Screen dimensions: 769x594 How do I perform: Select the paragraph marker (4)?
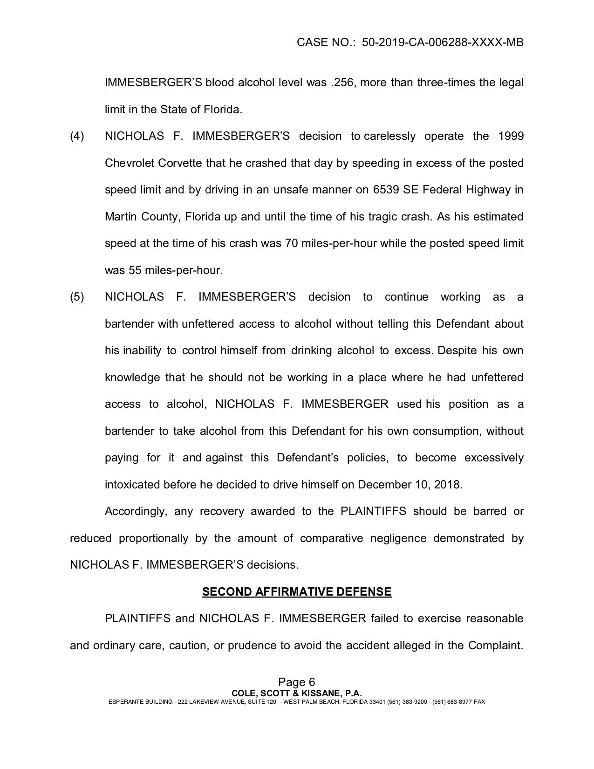click(77, 136)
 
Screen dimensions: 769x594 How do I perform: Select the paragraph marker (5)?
click(77, 297)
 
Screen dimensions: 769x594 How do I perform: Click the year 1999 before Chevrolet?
click(511, 136)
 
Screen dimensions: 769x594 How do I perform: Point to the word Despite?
click(456, 350)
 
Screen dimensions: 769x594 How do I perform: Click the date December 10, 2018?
click(410, 485)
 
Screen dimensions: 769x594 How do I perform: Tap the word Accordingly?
click(135, 511)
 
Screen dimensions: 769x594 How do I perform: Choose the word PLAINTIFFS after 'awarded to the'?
click(373, 511)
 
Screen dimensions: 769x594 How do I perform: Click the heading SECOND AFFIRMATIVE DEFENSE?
click(297, 592)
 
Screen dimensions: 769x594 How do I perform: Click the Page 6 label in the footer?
click(297, 682)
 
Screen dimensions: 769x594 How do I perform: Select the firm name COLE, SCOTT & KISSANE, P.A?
click(297, 693)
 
